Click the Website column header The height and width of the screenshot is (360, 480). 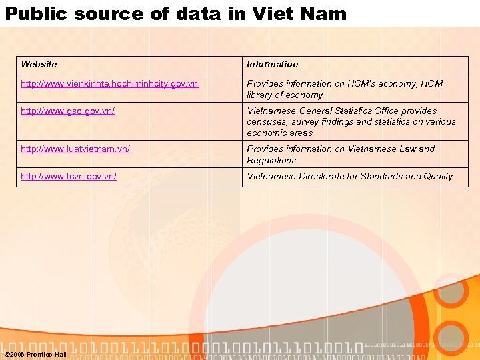(x=39, y=65)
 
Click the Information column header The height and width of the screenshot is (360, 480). (x=273, y=65)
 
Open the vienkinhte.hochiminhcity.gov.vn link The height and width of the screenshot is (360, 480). (x=109, y=84)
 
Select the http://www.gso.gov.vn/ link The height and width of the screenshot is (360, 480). (x=67, y=111)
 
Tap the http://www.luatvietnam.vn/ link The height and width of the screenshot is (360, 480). (x=75, y=149)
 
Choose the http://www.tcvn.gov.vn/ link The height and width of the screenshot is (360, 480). (x=69, y=177)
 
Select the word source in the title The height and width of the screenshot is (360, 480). (x=112, y=13)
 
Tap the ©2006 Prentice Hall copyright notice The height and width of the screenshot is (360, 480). (x=35, y=354)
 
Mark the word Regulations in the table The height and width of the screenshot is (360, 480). (x=271, y=161)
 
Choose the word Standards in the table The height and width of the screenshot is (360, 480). (x=381, y=177)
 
